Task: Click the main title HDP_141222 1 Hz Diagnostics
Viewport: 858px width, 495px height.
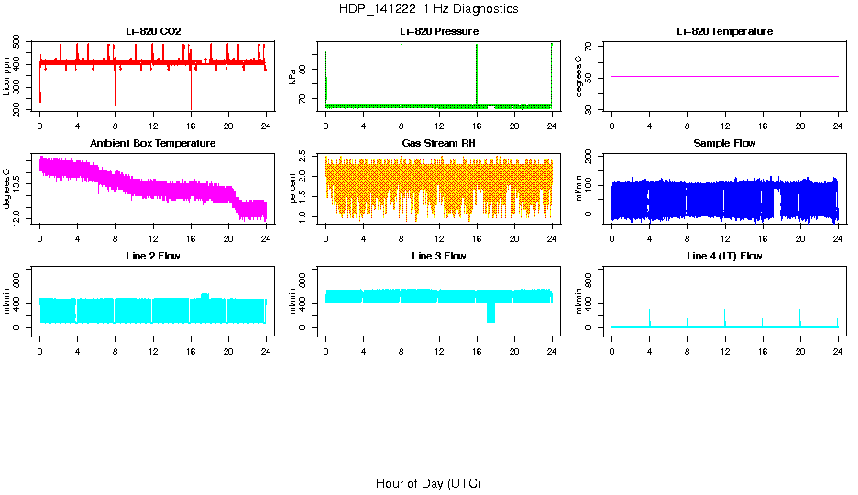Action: [x=428, y=9]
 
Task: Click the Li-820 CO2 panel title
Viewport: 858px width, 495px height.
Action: [x=153, y=32]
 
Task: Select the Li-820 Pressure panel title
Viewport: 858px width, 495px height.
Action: [x=439, y=32]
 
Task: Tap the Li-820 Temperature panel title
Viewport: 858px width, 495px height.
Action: [x=724, y=32]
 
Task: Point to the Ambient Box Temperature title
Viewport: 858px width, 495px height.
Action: [x=153, y=144]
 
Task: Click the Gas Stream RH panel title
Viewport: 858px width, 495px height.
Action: [x=439, y=144]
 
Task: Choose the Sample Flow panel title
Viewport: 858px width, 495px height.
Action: [x=724, y=144]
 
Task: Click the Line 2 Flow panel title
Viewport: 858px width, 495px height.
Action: [x=153, y=256]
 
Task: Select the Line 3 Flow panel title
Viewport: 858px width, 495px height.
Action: [x=439, y=256]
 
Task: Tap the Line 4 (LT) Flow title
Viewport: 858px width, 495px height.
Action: [x=724, y=256]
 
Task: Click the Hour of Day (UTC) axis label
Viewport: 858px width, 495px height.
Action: [x=428, y=483]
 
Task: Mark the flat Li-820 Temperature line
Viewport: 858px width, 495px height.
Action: [x=724, y=76]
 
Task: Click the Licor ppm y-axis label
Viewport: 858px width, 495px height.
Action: [x=8, y=77]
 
